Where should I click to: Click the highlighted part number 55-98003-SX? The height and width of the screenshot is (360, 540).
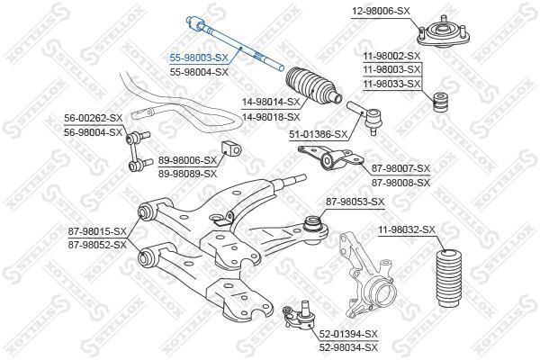tap(200, 57)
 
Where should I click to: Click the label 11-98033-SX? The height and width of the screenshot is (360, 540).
tap(391, 84)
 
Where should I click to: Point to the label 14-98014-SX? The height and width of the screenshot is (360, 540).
tap(269, 103)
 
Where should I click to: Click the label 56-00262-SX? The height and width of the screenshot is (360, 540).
tap(92, 118)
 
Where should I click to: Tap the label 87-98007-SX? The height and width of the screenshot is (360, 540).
tap(401, 168)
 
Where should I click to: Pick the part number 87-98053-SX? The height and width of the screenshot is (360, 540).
tap(355, 202)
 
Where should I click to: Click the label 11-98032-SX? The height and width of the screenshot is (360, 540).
tap(407, 230)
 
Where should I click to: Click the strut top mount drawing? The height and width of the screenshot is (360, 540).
tap(436, 35)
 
